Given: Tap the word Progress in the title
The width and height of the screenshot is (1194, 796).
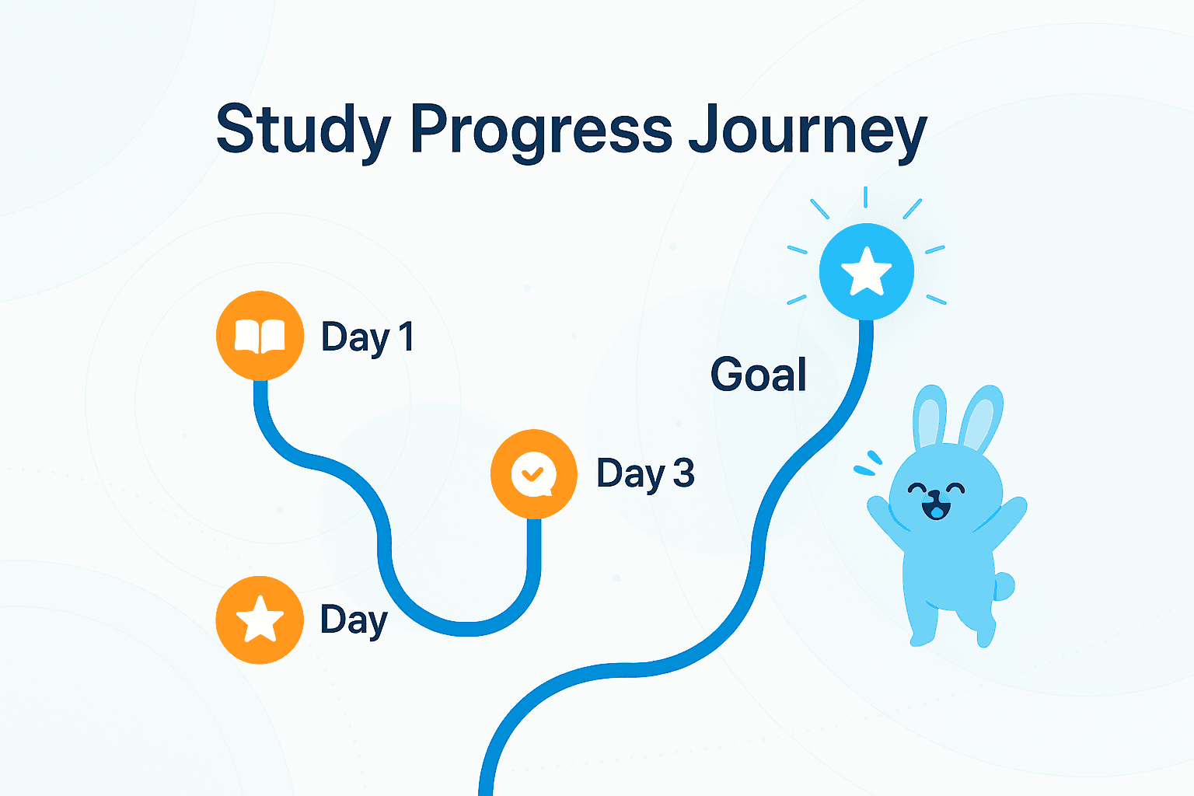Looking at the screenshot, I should [x=541, y=130].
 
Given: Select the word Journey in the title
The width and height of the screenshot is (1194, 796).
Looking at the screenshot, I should [x=807, y=130].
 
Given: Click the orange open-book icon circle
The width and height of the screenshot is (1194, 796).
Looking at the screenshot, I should [x=260, y=336].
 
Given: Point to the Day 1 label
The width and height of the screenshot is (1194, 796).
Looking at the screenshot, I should [x=367, y=337].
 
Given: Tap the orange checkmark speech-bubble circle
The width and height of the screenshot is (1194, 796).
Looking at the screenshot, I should [x=533, y=473].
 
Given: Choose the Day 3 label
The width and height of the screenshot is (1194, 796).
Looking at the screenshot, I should [x=644, y=473].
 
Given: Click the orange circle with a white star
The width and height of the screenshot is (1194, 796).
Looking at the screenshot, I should [x=260, y=620].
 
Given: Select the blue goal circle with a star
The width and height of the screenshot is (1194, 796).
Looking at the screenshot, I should [x=866, y=271].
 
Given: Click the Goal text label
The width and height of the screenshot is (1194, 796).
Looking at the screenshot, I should [x=758, y=375].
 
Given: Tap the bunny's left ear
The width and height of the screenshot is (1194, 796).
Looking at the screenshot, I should [x=930, y=417].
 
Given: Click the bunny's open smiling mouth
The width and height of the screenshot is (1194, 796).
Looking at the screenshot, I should [x=936, y=511].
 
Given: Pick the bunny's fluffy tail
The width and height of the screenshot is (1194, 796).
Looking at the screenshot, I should [x=1004, y=586].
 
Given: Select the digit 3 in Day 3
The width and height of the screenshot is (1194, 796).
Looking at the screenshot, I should [x=683, y=473].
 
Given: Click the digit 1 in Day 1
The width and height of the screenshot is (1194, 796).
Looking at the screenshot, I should [x=405, y=337].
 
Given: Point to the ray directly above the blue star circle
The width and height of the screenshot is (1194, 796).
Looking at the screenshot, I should [x=866, y=197].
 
